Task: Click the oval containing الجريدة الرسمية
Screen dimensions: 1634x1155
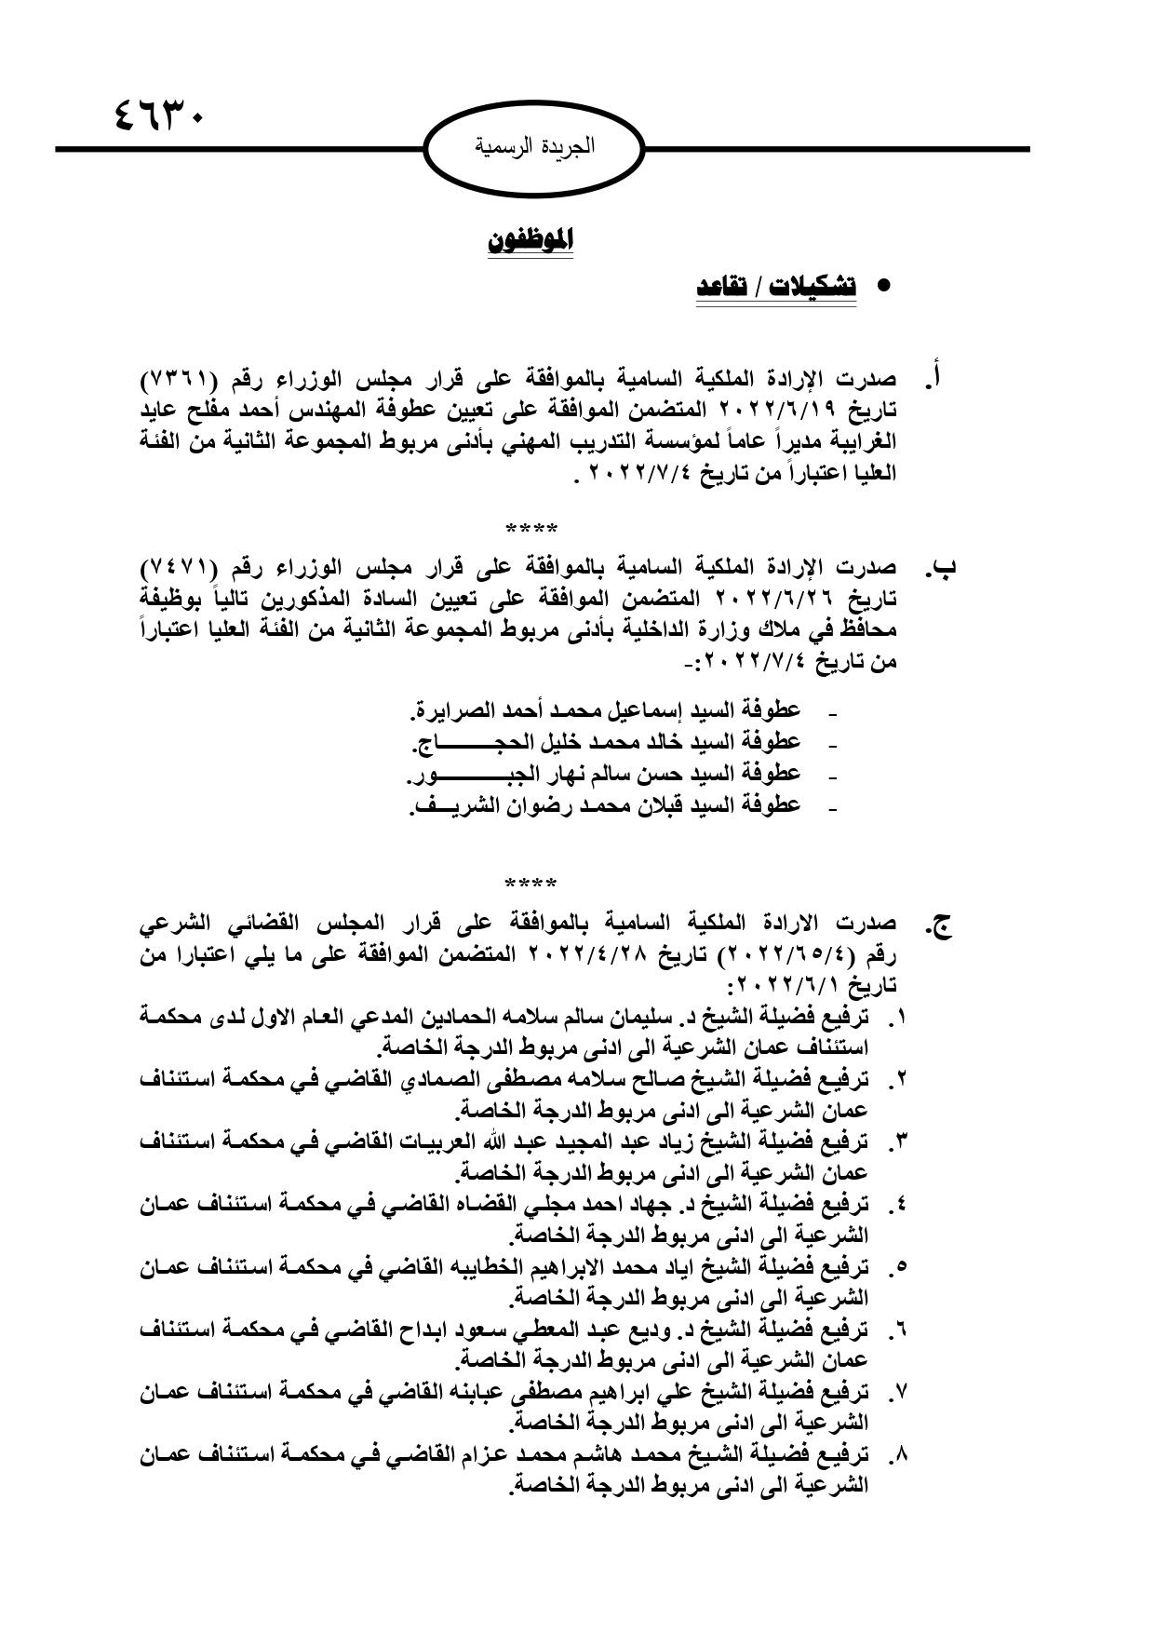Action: tap(535, 147)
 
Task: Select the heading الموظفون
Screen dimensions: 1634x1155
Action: tap(530, 240)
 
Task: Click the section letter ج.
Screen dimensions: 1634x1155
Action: tap(938, 925)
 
